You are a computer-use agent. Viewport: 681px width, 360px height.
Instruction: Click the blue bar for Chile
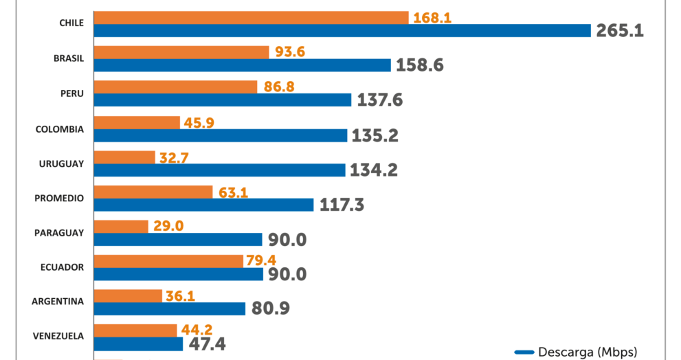pos(342,30)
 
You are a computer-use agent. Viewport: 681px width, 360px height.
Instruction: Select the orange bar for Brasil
pos(181,52)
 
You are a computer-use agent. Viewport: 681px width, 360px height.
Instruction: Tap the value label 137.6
pos(379,100)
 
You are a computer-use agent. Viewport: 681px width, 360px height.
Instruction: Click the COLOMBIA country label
pos(59,129)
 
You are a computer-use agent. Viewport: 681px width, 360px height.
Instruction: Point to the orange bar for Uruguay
pos(124,157)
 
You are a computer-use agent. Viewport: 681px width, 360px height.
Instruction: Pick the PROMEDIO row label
pos(59,198)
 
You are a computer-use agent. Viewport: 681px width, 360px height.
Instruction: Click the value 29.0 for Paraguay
pos(168,226)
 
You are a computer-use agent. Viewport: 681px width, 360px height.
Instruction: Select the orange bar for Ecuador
pos(168,261)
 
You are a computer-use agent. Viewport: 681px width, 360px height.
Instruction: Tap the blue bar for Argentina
pos(169,308)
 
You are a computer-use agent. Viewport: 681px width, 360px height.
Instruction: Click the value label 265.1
pos(620,31)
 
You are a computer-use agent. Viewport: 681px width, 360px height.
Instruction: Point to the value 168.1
pos(432,17)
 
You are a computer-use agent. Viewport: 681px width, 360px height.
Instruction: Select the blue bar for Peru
pos(223,100)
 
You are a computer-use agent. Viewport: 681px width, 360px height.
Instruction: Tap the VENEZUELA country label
pos(58,336)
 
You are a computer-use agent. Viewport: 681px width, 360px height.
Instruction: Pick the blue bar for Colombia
pos(221,135)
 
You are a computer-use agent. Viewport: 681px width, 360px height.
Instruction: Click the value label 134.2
pos(374,170)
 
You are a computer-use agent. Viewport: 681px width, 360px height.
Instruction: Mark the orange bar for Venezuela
pos(135,330)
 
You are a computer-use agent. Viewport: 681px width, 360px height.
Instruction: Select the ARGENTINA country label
pos(58,301)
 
